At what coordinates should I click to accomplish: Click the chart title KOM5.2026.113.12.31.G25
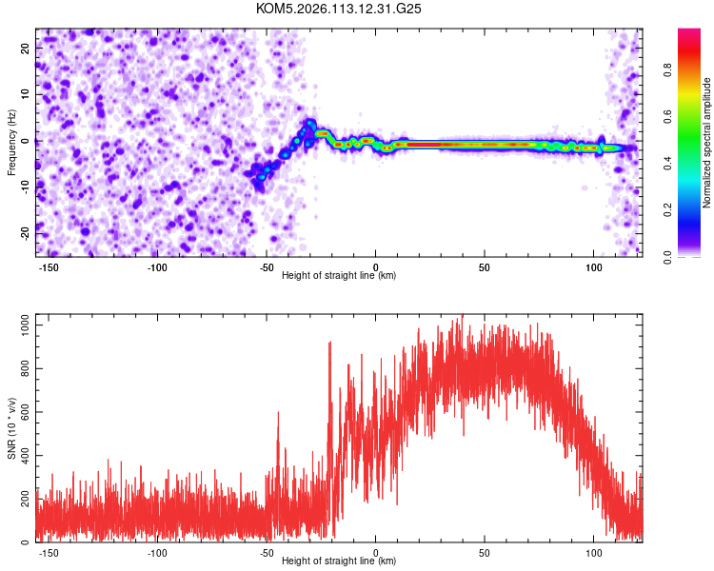coord(339,9)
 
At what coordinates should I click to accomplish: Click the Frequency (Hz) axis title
coord(11,142)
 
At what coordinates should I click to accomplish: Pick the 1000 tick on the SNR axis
coord(21,325)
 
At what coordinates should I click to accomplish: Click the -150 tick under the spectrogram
coord(49,266)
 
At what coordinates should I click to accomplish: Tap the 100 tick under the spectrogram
coord(594,266)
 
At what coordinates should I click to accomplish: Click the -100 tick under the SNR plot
coord(158,552)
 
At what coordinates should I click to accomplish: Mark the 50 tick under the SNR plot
coord(485,552)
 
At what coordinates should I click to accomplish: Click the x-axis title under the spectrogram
coord(339,276)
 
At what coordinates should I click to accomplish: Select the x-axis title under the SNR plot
coord(339,561)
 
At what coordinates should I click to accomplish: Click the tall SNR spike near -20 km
coord(329,344)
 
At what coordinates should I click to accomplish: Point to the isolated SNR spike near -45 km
coord(278,413)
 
